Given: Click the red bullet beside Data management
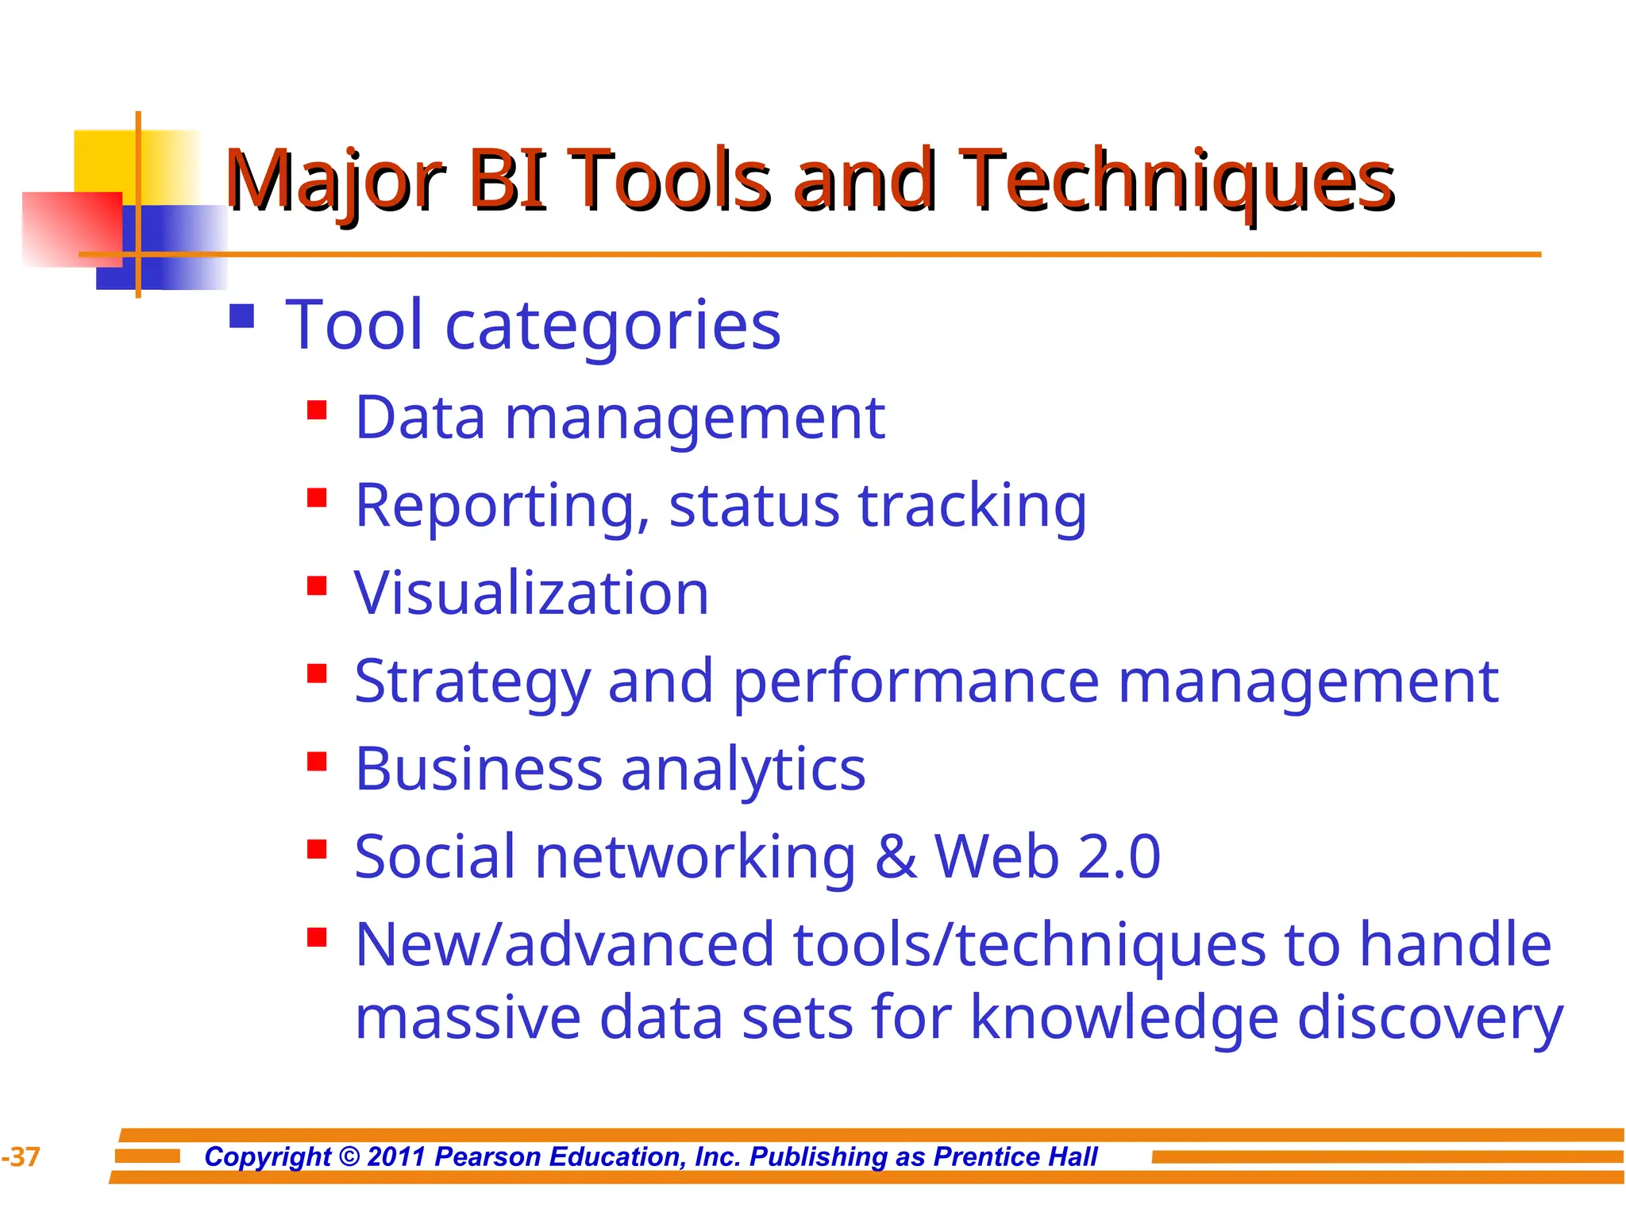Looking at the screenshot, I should tap(317, 411).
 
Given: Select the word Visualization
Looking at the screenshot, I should tap(531, 594).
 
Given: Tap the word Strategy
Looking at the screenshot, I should tap(472, 682).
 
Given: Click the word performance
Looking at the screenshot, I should tap(915, 682).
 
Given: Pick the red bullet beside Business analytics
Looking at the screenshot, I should tap(317, 762).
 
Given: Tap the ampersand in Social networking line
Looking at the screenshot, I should tap(896, 857).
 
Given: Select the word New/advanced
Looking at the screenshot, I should tap(564, 945).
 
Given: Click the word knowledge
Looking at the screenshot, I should tap(1124, 1018).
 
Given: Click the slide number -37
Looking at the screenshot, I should tap(21, 1157).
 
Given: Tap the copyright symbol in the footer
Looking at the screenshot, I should tap(349, 1156).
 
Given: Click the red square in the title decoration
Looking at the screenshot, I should tap(71, 229).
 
